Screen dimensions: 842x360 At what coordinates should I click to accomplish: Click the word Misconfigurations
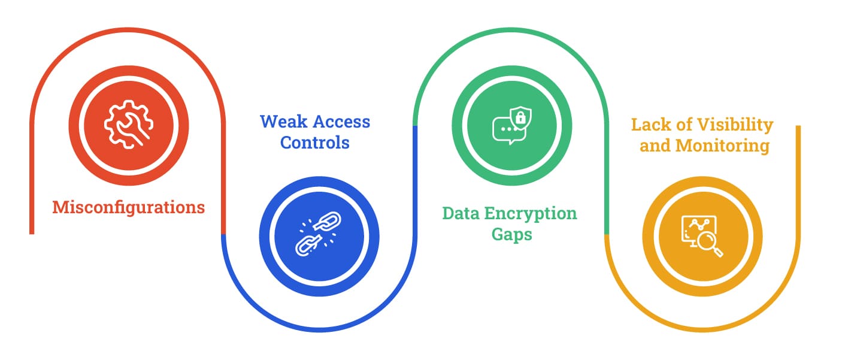coord(129,208)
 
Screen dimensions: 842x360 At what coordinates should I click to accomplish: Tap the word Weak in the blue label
coord(284,122)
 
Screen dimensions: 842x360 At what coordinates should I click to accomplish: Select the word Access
coord(341,122)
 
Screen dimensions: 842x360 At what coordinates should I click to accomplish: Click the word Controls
coord(314,143)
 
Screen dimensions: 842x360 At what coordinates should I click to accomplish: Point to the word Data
coord(461,213)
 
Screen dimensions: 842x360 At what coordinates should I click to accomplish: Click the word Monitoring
coord(722,146)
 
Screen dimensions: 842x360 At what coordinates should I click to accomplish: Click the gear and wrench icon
coord(129,125)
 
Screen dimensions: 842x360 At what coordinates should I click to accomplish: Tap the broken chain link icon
coord(319,234)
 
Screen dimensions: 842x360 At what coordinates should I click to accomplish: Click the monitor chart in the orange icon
coord(698,230)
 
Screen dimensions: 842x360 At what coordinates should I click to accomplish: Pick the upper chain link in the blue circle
coord(327,221)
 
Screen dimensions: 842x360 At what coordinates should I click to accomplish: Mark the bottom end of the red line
coord(32,234)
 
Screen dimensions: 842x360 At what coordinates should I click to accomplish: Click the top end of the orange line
coord(798,126)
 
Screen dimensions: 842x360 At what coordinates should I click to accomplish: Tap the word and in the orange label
coord(655,146)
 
